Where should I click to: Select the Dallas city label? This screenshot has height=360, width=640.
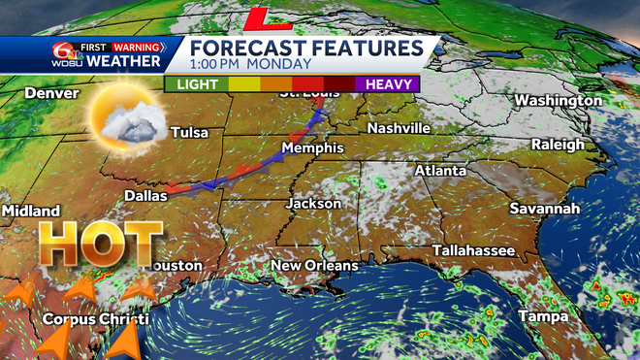click(145, 195)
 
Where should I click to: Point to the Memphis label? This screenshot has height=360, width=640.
click(312, 147)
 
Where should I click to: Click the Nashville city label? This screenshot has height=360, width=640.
click(399, 128)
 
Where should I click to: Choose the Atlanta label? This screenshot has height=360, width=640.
click(440, 170)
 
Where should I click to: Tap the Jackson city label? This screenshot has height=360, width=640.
click(313, 204)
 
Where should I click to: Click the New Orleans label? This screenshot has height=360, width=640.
click(314, 265)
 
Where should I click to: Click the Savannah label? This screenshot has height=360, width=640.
click(546, 209)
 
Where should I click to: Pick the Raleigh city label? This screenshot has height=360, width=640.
click(558, 145)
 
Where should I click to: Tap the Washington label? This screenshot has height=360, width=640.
click(558, 101)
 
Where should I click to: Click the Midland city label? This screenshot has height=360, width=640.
click(31, 211)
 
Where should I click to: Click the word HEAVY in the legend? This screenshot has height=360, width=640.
click(391, 83)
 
